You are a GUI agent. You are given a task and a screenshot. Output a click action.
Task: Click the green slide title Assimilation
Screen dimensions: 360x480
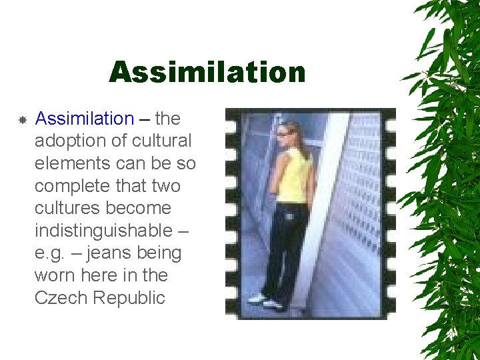point(207,72)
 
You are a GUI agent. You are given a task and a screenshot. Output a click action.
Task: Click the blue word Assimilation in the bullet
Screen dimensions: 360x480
point(85,119)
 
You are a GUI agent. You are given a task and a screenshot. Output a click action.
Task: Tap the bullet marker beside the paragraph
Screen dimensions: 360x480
point(22,120)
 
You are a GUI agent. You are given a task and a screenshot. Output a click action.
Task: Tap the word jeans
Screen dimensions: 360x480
point(107,253)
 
